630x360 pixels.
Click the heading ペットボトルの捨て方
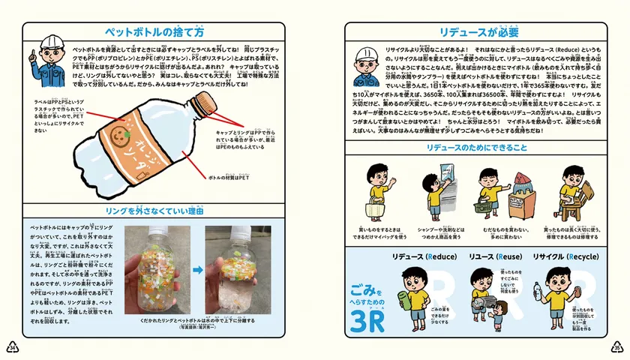[x=154, y=32]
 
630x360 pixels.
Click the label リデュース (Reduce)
[x=424, y=256]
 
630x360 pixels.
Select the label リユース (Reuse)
[x=491, y=256]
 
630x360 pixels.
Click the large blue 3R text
[x=366, y=318]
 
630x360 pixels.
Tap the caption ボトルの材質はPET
[x=229, y=177]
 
